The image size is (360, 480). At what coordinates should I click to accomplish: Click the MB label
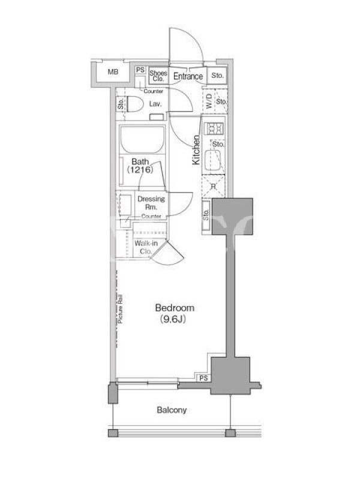(113, 72)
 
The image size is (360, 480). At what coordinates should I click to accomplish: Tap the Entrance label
(188, 76)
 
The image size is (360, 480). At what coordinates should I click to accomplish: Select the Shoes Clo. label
(158, 76)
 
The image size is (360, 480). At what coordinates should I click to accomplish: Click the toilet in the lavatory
(135, 104)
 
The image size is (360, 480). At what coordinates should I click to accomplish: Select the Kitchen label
(196, 150)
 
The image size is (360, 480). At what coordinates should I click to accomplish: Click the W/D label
(209, 101)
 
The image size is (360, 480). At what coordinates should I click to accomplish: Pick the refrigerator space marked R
(214, 187)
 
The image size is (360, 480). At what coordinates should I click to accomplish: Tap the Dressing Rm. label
(151, 203)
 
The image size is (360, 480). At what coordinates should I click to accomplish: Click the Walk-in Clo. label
(146, 247)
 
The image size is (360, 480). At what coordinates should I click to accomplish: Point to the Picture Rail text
(120, 309)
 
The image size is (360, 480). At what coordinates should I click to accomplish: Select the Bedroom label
(175, 308)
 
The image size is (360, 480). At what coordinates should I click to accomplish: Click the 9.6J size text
(173, 319)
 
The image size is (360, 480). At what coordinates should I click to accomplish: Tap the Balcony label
(172, 410)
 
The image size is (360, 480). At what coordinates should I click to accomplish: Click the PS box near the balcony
(203, 378)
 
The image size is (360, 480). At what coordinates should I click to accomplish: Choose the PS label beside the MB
(140, 70)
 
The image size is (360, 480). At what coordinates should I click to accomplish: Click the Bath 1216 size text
(140, 170)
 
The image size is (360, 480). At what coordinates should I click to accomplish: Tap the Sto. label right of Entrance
(217, 76)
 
